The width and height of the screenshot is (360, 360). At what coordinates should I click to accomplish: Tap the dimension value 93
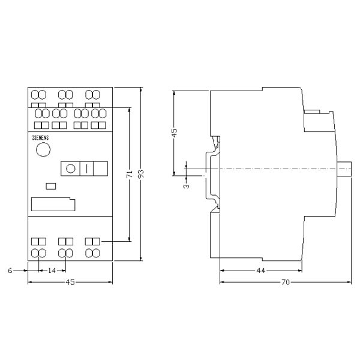(x=141, y=174)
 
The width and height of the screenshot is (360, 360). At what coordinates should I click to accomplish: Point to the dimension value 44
(x=260, y=271)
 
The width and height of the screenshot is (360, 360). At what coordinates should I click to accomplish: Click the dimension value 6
(x=10, y=271)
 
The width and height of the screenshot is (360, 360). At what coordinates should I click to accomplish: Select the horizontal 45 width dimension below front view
(x=71, y=282)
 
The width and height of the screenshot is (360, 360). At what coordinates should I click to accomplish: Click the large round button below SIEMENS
(x=43, y=150)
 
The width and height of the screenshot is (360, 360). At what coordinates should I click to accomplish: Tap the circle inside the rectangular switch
(x=71, y=169)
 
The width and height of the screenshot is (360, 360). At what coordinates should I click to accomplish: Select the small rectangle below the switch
(x=51, y=186)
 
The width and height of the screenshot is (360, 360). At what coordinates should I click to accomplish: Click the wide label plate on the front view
(x=53, y=204)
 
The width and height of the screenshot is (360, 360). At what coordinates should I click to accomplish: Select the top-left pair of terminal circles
(x=38, y=95)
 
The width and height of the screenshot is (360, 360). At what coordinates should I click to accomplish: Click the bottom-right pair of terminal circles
(x=92, y=253)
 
